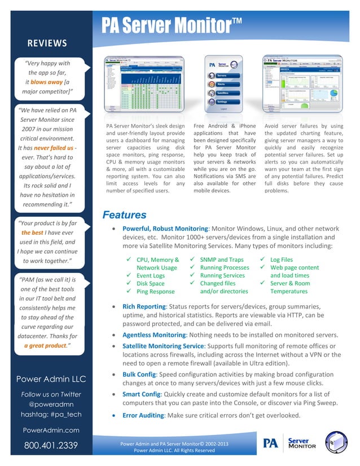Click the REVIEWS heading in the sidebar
coord(47,43)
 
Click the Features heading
coord(124,215)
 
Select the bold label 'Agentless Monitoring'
coord(154,335)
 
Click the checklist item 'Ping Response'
coord(155,292)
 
